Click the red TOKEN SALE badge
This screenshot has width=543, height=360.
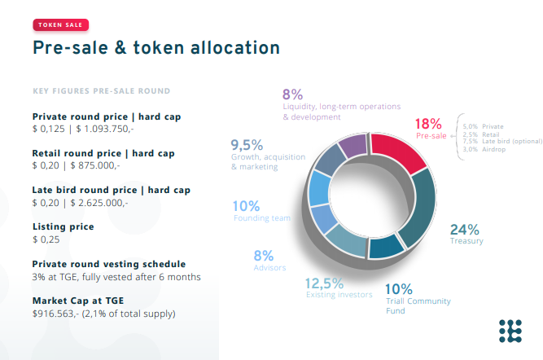[x=61, y=25]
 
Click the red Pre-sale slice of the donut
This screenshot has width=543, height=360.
[x=396, y=151]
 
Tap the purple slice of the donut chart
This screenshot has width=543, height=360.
[x=353, y=145]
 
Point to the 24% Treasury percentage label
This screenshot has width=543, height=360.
[x=464, y=230]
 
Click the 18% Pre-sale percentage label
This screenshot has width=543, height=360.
[x=428, y=124]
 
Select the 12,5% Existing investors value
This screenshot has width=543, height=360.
[x=324, y=283]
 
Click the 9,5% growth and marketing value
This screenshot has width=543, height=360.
[x=247, y=145]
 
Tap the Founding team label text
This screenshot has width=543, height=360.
[x=262, y=218]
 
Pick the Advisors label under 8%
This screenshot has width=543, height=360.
[x=269, y=267]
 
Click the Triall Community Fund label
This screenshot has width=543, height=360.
[x=418, y=305]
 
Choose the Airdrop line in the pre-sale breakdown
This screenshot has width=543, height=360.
[x=484, y=149]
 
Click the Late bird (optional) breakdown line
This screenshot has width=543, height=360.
[x=502, y=142]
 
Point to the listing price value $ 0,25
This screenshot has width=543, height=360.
[x=46, y=239]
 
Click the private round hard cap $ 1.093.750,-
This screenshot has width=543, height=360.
[x=105, y=129]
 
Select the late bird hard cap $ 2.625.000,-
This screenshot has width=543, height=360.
[x=99, y=203]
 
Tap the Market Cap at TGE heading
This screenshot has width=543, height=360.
[x=78, y=301]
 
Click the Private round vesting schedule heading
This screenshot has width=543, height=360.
[x=109, y=264]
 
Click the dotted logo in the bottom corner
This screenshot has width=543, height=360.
[x=510, y=331]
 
